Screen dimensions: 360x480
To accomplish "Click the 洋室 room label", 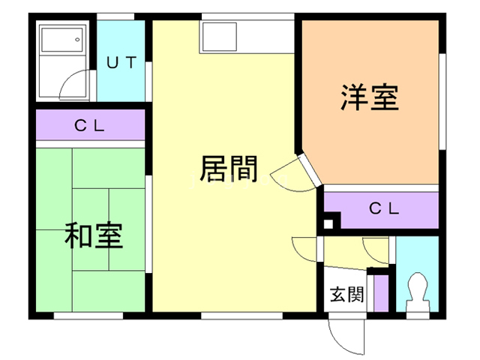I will (369, 97).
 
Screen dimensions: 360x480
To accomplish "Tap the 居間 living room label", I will (228, 169).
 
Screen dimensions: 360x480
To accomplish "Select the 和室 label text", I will (94, 235).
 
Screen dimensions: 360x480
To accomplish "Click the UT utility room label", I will (121, 62).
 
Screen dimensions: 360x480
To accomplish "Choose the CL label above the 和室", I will (90, 125).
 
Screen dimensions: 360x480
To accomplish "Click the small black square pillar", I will (328, 223).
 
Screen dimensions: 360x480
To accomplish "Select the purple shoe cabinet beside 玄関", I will (381, 292).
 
